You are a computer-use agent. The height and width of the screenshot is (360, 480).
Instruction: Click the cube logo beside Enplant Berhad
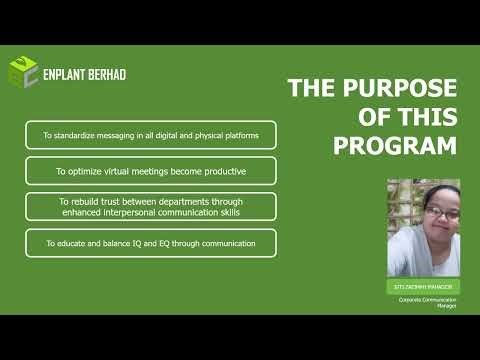pos(23,71)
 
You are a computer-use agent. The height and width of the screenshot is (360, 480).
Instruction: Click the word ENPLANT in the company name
pos(67,72)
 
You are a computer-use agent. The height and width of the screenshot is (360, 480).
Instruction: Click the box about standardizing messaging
pos(151,135)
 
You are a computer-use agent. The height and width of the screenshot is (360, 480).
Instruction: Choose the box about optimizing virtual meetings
pos(151,171)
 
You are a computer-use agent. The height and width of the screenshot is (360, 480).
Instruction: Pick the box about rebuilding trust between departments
pos(151,207)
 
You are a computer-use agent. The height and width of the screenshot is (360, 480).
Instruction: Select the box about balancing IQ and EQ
pos(151,243)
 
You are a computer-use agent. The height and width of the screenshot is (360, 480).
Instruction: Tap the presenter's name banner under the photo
pos(423,287)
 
